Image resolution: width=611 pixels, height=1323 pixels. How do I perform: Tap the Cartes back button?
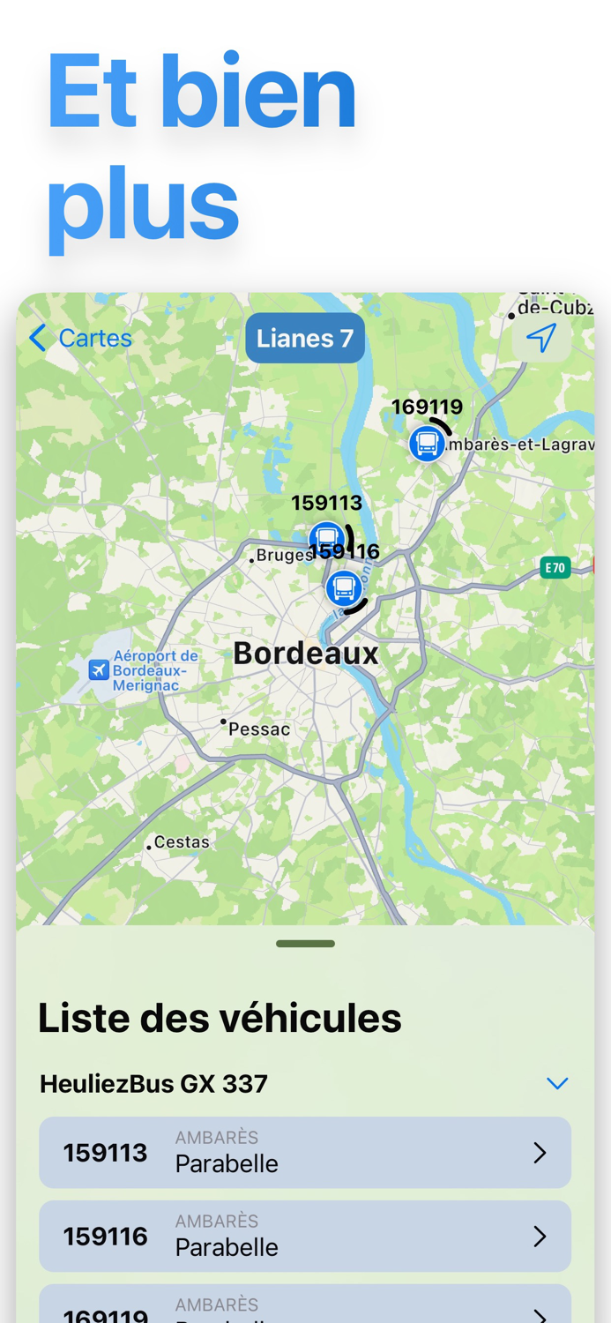click(80, 338)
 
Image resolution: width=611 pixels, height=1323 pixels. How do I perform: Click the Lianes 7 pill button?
click(305, 338)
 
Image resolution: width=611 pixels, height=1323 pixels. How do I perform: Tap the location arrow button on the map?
click(540, 338)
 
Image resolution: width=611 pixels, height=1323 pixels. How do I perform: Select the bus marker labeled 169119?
click(427, 443)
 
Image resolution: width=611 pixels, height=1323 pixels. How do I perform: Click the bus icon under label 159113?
click(326, 538)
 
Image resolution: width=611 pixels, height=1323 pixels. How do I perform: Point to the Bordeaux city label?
click(306, 654)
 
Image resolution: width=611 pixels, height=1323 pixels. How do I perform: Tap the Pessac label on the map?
click(258, 729)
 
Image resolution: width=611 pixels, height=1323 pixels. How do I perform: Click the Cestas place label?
click(182, 842)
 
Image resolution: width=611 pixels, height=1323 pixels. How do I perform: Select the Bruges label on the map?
click(284, 556)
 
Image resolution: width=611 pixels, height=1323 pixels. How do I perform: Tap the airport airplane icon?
click(99, 670)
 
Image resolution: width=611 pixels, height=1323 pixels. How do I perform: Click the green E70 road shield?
click(555, 567)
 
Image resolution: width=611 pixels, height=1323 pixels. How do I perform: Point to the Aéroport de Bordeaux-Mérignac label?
click(155, 670)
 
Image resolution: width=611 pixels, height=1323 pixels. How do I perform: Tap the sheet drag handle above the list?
click(305, 944)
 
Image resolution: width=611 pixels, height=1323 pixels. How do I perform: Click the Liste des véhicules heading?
click(220, 1019)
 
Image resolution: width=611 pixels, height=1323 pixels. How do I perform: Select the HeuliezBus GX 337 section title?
click(154, 1084)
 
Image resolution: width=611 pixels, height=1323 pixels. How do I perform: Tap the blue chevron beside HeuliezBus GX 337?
click(556, 1084)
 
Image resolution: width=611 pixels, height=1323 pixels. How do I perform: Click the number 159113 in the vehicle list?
click(105, 1153)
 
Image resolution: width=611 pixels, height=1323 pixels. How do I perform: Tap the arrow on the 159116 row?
click(540, 1237)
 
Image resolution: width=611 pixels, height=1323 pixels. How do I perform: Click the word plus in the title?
click(143, 205)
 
